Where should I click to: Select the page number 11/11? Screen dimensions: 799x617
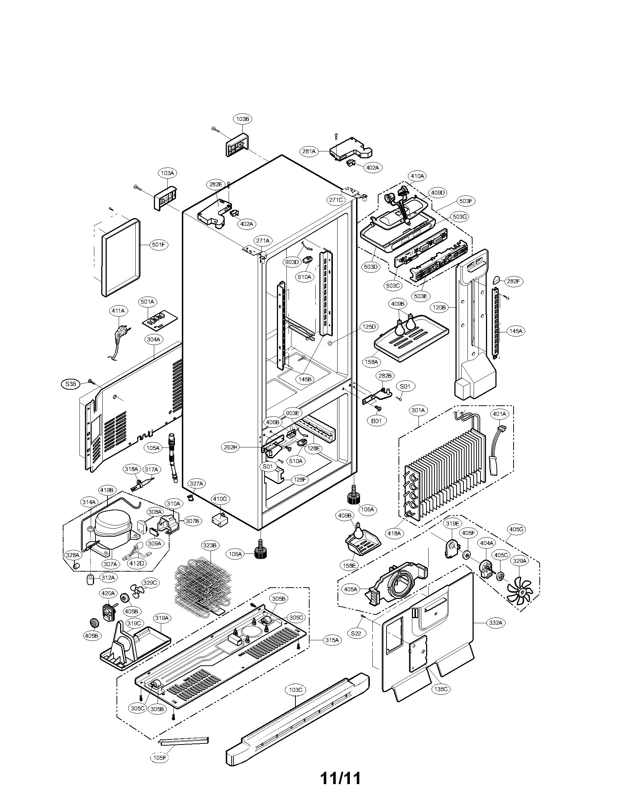coord(340,779)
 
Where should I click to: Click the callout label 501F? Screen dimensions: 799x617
coord(158,245)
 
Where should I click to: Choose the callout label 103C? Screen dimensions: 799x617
coord(295,690)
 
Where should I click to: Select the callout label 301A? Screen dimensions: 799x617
coord(418,410)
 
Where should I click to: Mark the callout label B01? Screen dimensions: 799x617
coord(376,421)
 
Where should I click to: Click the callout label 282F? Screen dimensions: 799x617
coord(513,281)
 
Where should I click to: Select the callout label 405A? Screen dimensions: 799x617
coord(351,589)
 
